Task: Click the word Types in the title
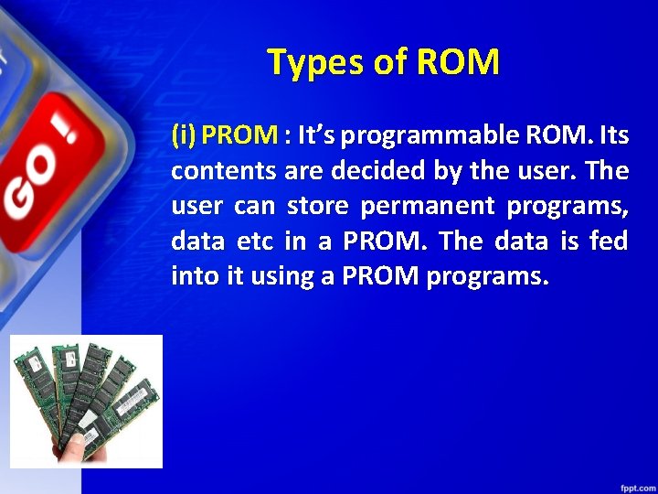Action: (x=312, y=62)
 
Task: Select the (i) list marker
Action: (x=184, y=136)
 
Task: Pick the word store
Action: (x=317, y=207)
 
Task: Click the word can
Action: (x=253, y=207)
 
